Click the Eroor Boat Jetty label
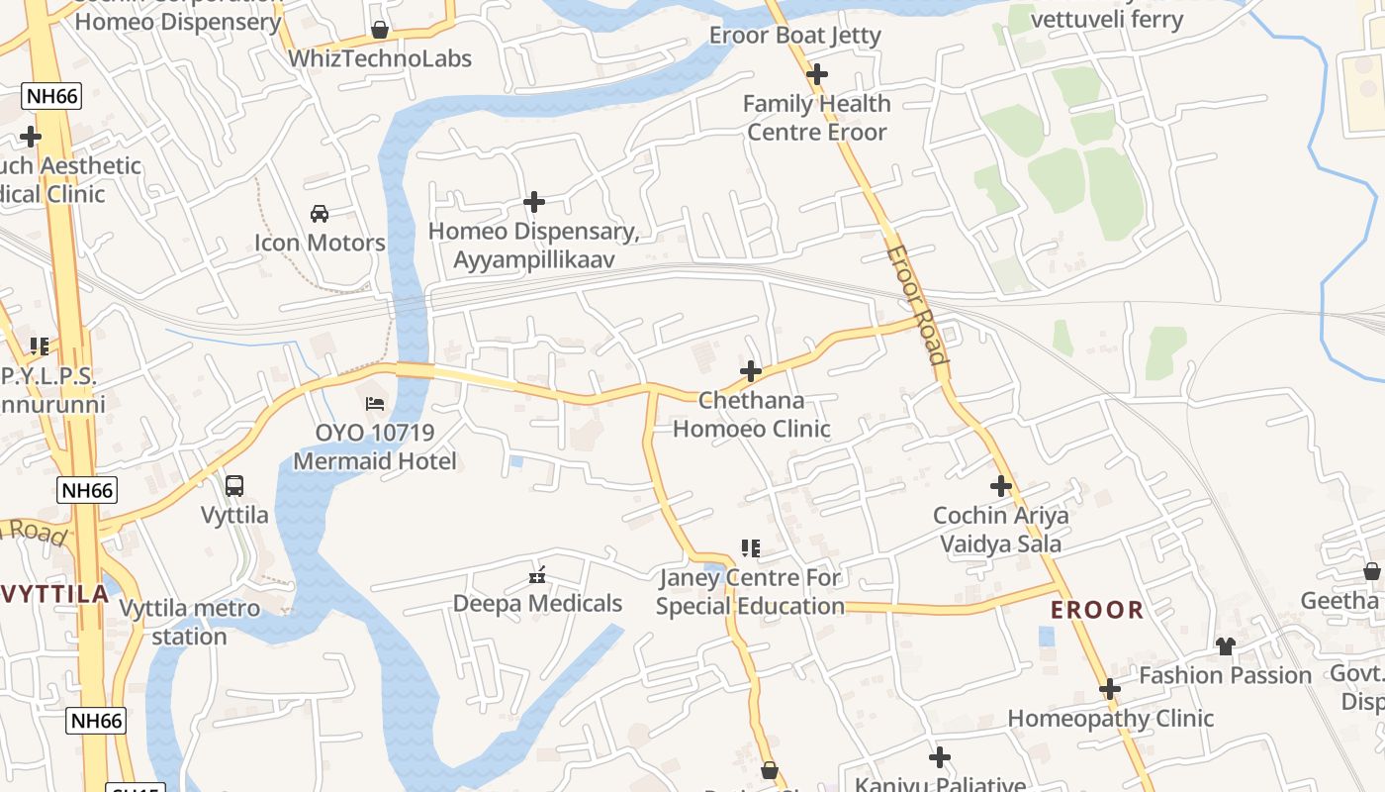(794, 36)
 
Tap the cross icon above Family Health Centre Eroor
(817, 74)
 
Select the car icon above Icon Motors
(320, 214)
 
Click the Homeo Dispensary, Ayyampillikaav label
(534, 246)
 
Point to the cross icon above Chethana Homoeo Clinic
(751, 371)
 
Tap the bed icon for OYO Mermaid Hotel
(375, 404)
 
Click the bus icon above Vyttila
(234, 486)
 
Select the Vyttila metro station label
(190, 622)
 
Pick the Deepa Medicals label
(537, 603)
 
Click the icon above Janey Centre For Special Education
(750, 548)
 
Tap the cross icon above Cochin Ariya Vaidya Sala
(1001, 486)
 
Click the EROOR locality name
(1097, 610)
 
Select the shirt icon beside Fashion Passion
(1226, 646)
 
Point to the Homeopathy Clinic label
(1110, 719)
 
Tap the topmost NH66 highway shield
(51, 96)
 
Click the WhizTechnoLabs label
(380, 58)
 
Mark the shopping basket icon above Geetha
(1371, 571)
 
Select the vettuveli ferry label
(1106, 19)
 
